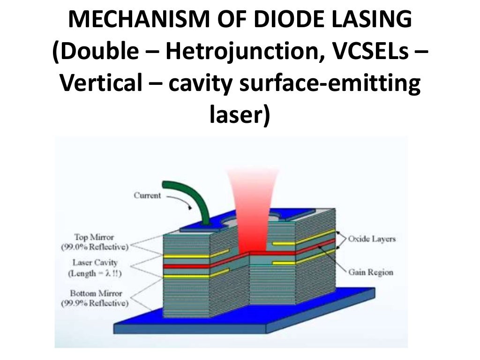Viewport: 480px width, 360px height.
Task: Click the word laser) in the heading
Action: click(239, 115)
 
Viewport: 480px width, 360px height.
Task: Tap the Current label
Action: click(148, 195)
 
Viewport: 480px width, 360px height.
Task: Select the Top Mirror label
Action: click(94, 237)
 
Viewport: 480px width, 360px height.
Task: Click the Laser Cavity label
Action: click(95, 263)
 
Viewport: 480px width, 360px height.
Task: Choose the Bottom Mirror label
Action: click(96, 293)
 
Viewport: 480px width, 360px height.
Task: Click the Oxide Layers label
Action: click(372, 239)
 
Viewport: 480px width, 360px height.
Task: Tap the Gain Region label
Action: click(370, 272)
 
